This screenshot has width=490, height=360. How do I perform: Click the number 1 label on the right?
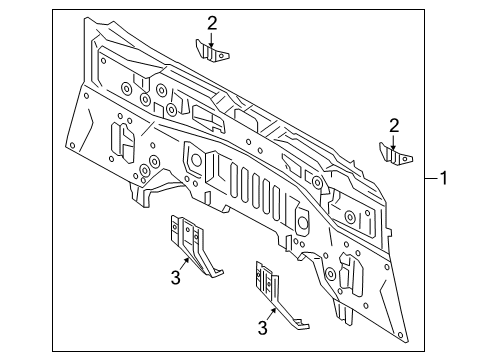point(445,179)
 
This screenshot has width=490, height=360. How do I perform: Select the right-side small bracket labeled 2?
point(395,154)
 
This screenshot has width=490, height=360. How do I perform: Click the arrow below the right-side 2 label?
point(395,140)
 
